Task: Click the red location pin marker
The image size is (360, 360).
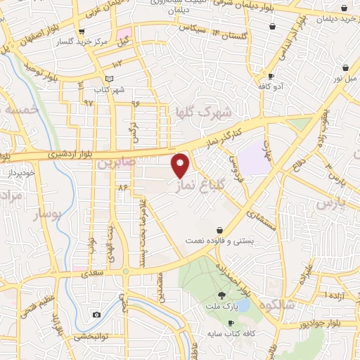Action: (x=181, y=165)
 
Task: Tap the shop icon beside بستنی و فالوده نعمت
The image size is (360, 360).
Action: (x=220, y=230)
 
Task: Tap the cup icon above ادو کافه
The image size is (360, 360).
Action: (x=270, y=76)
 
